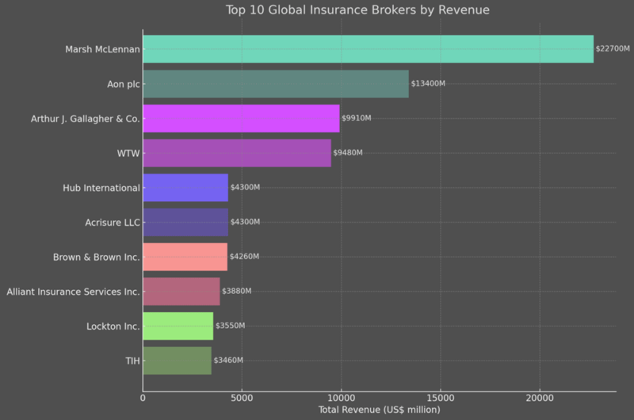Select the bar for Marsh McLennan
coord(368,49)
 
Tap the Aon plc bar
coord(276,84)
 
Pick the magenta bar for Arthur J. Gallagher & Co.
coord(241,118)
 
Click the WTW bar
coord(237,153)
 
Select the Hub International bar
coord(185,188)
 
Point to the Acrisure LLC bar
coord(185,223)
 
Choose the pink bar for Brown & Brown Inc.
coord(185,257)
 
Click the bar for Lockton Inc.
coord(178,326)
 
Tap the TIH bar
coord(177,361)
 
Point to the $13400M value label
coord(428,84)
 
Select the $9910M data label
coord(357,118)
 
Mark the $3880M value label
coord(236,292)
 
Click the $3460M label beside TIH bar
coord(228,361)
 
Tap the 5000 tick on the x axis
coord(242,398)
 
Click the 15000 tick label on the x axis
coord(441,398)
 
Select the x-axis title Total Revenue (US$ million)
coord(379,410)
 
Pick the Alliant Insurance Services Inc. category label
coord(73,292)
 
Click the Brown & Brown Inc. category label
coord(96,257)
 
